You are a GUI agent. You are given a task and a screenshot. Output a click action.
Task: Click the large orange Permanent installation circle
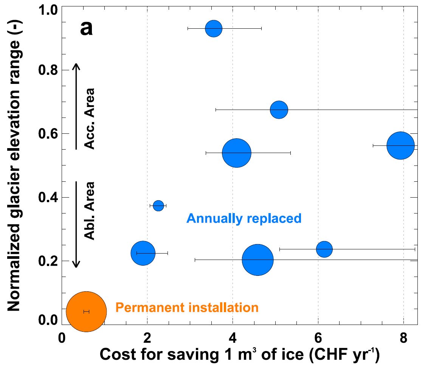(86, 311)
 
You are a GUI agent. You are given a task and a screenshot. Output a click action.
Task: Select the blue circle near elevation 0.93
(214, 28)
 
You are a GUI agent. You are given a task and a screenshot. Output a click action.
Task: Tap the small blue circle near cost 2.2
(158, 206)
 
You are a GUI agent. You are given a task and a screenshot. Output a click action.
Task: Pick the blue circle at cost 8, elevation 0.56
(401, 145)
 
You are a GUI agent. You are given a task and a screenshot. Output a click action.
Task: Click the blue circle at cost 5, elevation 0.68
(279, 110)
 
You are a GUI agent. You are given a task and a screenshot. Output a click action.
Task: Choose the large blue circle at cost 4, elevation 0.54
(237, 153)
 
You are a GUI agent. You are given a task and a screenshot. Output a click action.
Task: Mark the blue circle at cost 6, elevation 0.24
(324, 249)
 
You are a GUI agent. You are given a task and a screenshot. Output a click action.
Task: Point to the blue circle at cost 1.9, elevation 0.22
(143, 253)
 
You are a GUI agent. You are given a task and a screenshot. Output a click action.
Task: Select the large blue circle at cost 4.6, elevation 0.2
(257, 260)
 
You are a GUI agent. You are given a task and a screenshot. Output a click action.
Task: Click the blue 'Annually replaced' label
(244, 218)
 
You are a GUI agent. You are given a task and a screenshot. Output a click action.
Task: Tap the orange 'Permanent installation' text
(187, 308)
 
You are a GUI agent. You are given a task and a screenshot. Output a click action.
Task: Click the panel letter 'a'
(86, 28)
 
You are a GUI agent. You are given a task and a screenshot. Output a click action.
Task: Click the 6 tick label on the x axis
(318, 337)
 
